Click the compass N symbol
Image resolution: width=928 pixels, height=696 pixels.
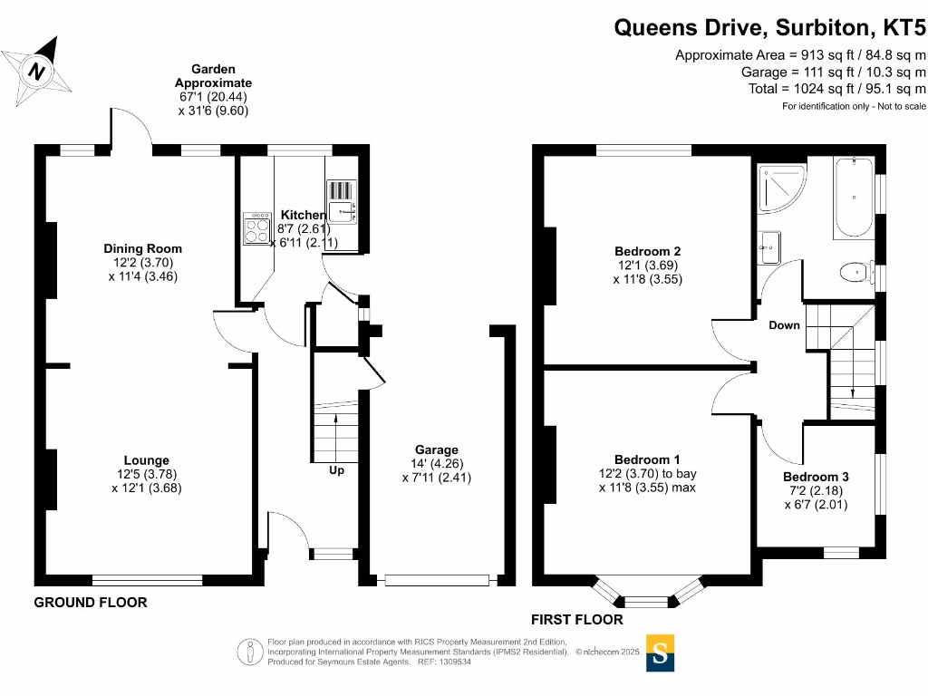(36, 71)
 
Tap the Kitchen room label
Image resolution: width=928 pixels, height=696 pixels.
(303, 215)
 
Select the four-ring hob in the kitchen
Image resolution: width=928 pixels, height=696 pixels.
(257, 229)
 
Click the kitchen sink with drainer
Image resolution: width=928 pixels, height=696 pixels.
(342, 202)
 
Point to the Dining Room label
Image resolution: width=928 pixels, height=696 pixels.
(142, 248)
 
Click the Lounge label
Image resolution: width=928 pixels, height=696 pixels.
(146, 459)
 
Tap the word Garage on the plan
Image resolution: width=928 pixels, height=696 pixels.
(436, 449)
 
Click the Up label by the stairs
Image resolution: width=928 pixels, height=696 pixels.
(336, 470)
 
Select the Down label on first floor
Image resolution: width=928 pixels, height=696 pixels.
(784, 325)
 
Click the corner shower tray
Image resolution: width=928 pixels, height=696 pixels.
(781, 188)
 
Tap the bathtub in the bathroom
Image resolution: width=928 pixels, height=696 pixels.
(854, 198)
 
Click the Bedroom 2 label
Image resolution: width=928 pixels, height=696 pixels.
(647, 252)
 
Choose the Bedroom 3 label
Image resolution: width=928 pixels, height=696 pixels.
(816, 477)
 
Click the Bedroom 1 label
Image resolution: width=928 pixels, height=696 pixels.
(647, 459)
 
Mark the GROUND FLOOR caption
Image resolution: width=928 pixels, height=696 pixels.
(91, 603)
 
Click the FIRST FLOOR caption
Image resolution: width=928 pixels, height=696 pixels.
(577, 620)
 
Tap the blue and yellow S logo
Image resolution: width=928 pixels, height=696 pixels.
(660, 652)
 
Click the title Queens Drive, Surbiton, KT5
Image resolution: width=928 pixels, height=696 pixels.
(769, 28)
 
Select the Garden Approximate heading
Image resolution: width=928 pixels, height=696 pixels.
(213, 76)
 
